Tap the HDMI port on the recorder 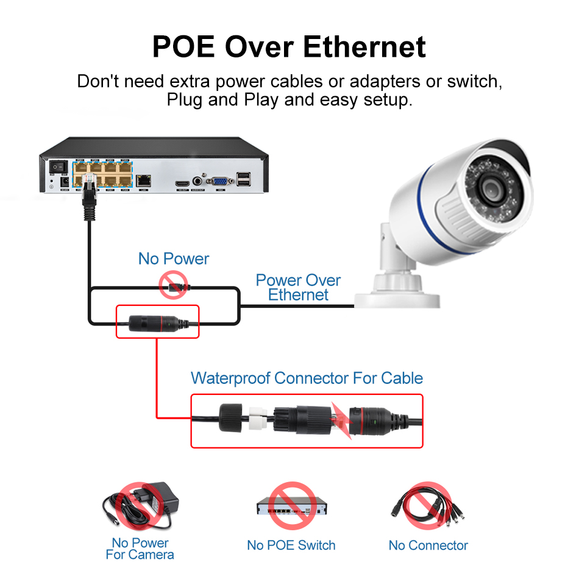[x=182, y=182]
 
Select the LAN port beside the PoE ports [x=144, y=180]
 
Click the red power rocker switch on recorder [x=58, y=166]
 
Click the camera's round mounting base [x=397, y=293]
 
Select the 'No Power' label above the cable [x=174, y=258]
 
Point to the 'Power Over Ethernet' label [x=298, y=288]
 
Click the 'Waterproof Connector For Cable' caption [x=307, y=378]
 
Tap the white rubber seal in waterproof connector [x=259, y=419]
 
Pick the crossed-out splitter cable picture [x=428, y=505]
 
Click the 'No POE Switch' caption [x=291, y=545]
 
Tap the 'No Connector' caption [x=428, y=545]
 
